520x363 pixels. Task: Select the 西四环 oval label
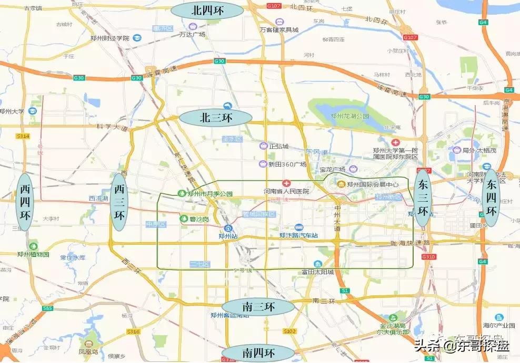point(25,201)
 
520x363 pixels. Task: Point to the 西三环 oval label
point(119,201)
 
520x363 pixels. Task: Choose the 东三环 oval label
point(422,198)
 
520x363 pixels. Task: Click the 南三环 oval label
point(257,307)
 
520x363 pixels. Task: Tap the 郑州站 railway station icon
point(228,228)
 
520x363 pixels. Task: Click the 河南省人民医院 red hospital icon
point(286,183)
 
